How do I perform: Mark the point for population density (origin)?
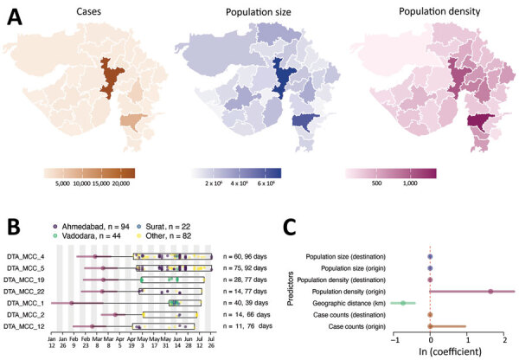pyautogui.click(x=490, y=292)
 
